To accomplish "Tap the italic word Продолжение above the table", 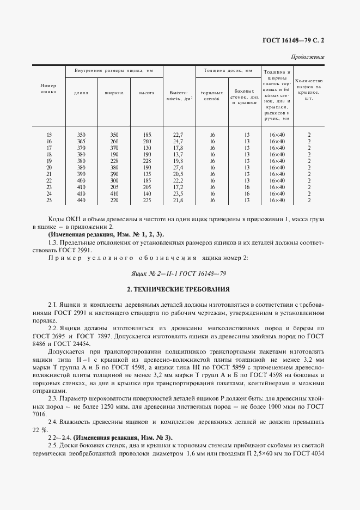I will [309, 57].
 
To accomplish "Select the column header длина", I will [81, 92].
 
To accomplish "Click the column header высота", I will [146, 92].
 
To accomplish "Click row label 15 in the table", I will [49, 134].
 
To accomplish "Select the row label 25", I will [49, 200].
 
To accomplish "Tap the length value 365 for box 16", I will [81, 141].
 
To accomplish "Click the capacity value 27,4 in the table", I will [179, 167].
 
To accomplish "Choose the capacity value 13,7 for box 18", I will [179, 154].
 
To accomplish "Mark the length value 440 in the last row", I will [81, 200].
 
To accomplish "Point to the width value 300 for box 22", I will [114, 180].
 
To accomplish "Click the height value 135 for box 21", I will [146, 174].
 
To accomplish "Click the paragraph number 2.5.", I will [53, 446].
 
